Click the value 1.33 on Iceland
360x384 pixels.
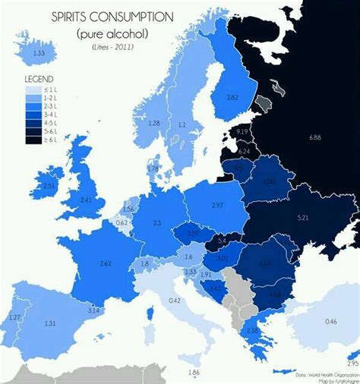[x=39, y=52]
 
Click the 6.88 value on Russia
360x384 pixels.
[x=316, y=136]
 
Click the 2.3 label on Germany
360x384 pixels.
[x=157, y=222]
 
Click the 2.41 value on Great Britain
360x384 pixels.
[x=87, y=200]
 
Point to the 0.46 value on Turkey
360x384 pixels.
[x=330, y=323]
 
